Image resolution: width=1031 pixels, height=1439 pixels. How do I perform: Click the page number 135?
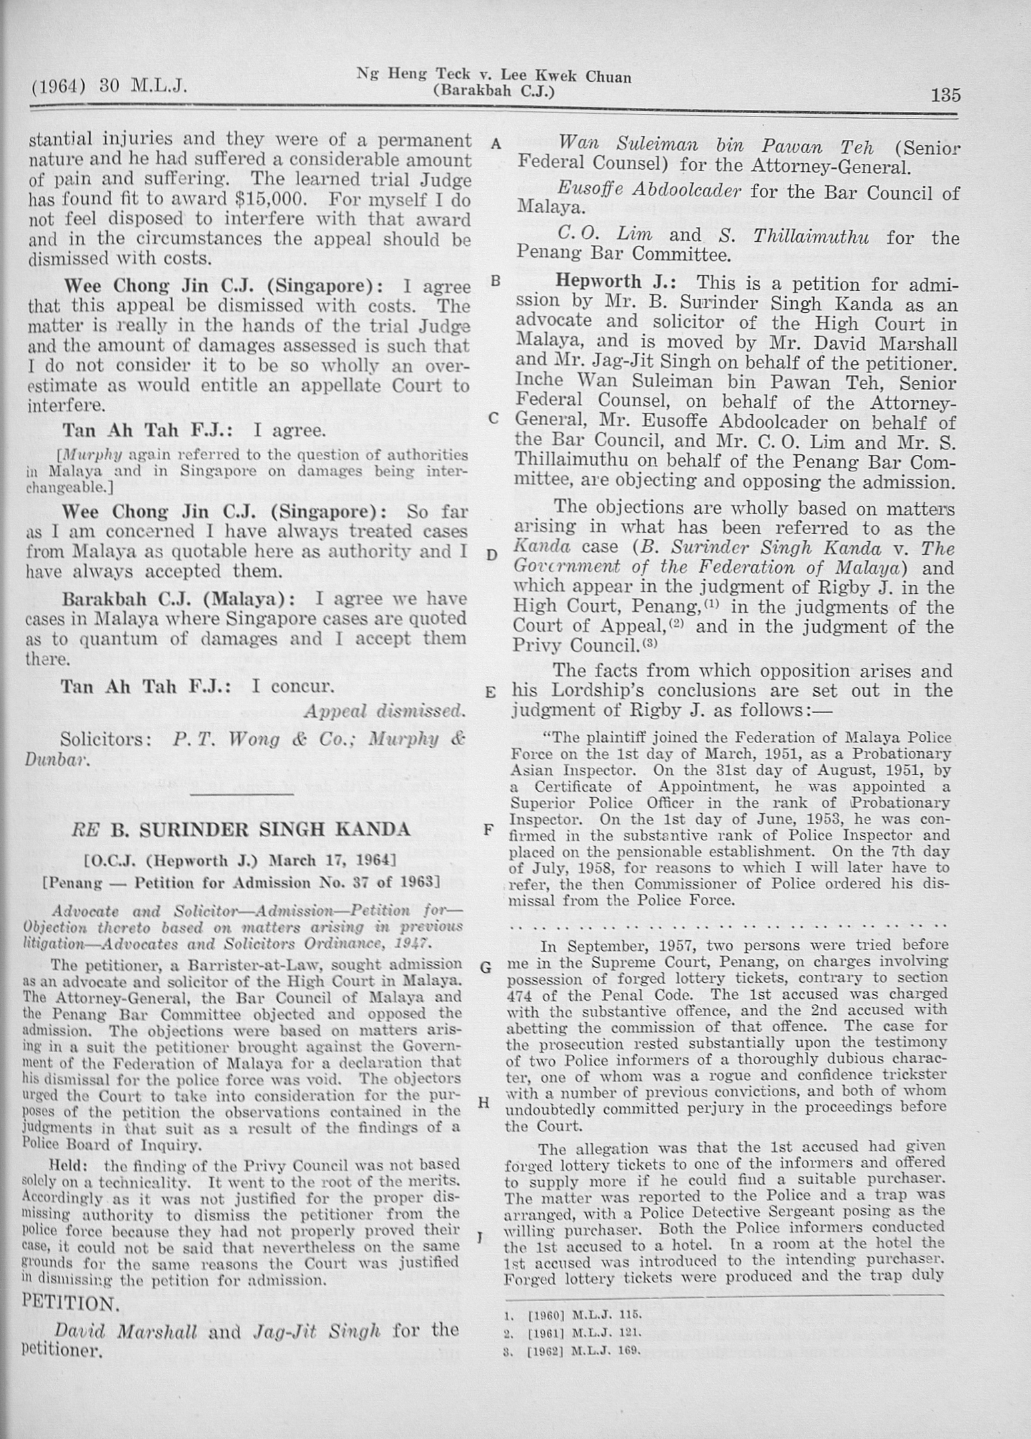click(x=945, y=95)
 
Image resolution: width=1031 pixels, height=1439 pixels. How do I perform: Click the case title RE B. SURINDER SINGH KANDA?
click(x=240, y=830)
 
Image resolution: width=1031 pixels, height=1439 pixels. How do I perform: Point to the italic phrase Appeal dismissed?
click(x=384, y=711)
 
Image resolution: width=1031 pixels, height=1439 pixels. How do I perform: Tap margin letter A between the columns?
click(x=495, y=144)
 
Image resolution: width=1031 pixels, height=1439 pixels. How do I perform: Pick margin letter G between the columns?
click(x=486, y=967)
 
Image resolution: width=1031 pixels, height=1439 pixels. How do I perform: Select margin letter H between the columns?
click(x=485, y=1103)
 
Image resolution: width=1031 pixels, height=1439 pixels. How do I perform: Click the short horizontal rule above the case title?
click(x=242, y=794)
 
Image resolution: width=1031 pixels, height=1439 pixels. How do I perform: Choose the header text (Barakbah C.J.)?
click(x=494, y=92)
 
